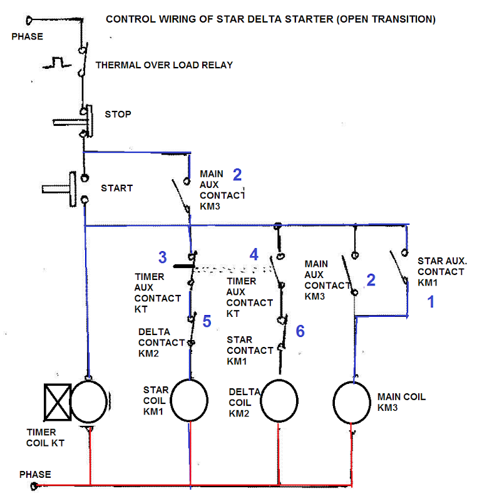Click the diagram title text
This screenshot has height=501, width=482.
[x=270, y=19]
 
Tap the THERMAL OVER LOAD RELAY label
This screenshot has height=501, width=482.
[x=164, y=65]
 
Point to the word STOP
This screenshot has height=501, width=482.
[x=118, y=115]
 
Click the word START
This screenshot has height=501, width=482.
[x=116, y=188]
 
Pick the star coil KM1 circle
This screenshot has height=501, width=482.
[x=189, y=401]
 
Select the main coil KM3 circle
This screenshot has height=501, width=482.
[x=352, y=401]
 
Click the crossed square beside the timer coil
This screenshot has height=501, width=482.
[x=57, y=401]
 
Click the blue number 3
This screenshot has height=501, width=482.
[x=162, y=257]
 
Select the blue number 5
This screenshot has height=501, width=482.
[x=207, y=321]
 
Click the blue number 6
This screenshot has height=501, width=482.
[x=300, y=331]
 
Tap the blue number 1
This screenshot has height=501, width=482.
[x=430, y=302]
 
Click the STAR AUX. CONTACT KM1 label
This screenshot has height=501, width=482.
[x=440, y=271]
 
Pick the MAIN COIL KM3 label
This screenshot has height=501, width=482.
[x=401, y=401]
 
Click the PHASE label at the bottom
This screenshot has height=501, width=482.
[x=35, y=474]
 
